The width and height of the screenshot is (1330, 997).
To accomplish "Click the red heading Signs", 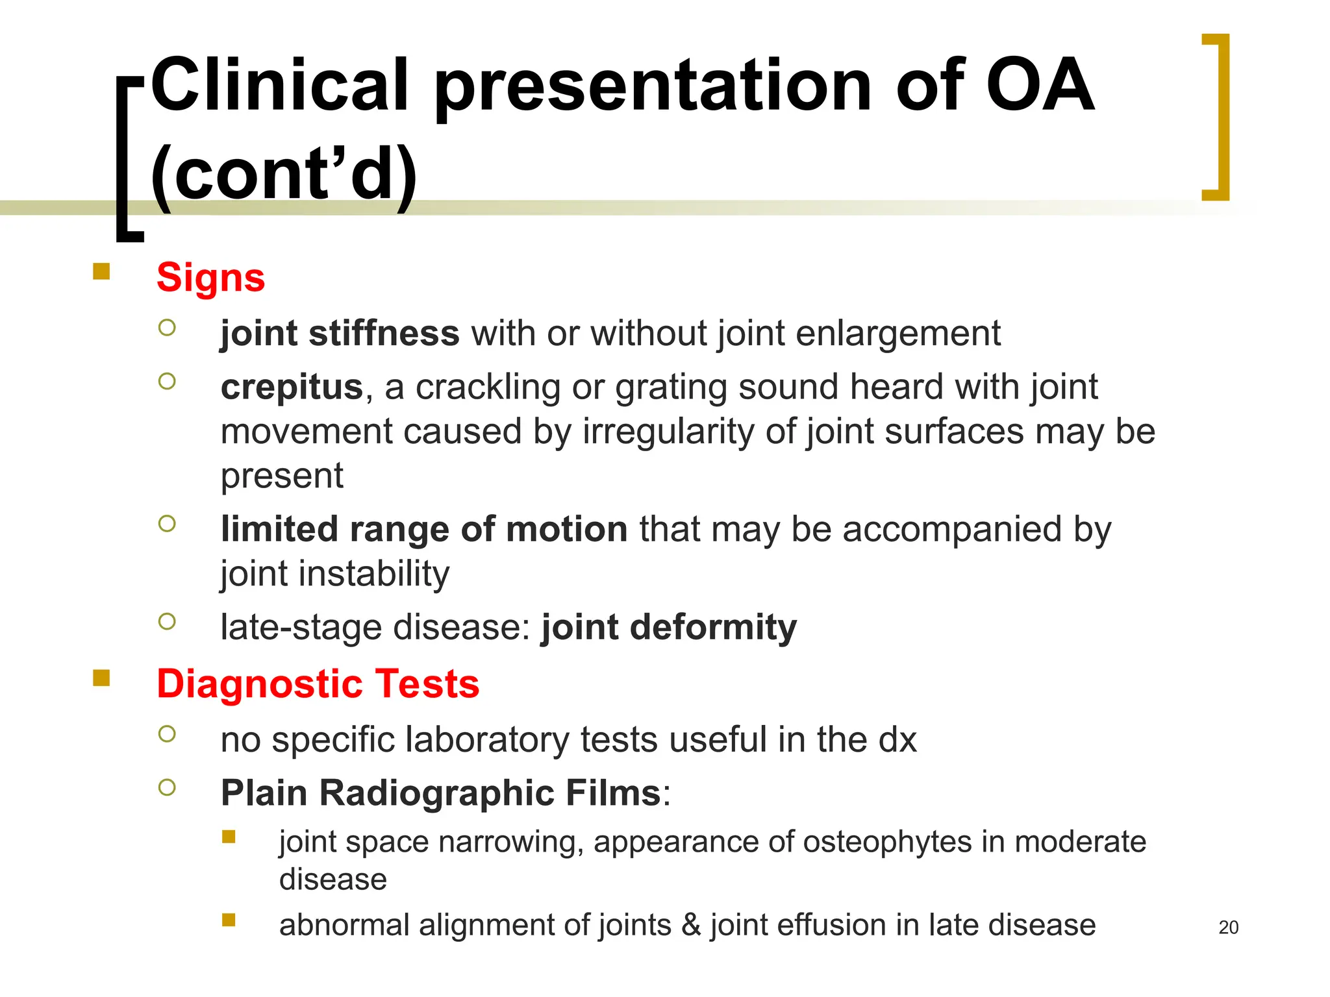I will pos(210,278).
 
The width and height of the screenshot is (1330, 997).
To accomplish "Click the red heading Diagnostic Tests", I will pos(318,684).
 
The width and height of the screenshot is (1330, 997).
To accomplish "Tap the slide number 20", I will pos(1228,928).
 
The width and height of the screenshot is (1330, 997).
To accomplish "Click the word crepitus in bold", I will pos(292,388).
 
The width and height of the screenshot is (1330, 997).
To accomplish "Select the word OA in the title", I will pos(1040,86).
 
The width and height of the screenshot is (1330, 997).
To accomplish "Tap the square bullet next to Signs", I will pos(101,271).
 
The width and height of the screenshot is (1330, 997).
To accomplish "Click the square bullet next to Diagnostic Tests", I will pos(101,678).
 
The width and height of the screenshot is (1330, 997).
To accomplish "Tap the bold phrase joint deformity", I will pos(669,628).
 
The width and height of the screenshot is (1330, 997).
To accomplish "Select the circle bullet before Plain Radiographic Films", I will pos(167,787).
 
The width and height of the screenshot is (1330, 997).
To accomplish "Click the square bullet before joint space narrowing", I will pos(229,836).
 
